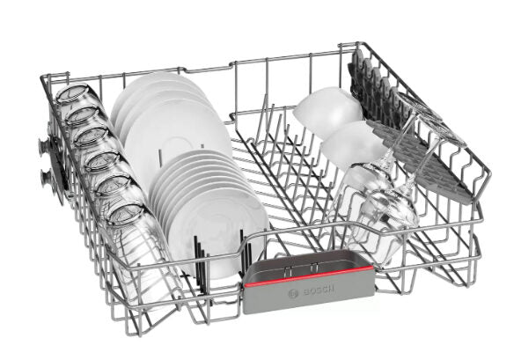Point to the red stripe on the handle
tap(308, 276)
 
